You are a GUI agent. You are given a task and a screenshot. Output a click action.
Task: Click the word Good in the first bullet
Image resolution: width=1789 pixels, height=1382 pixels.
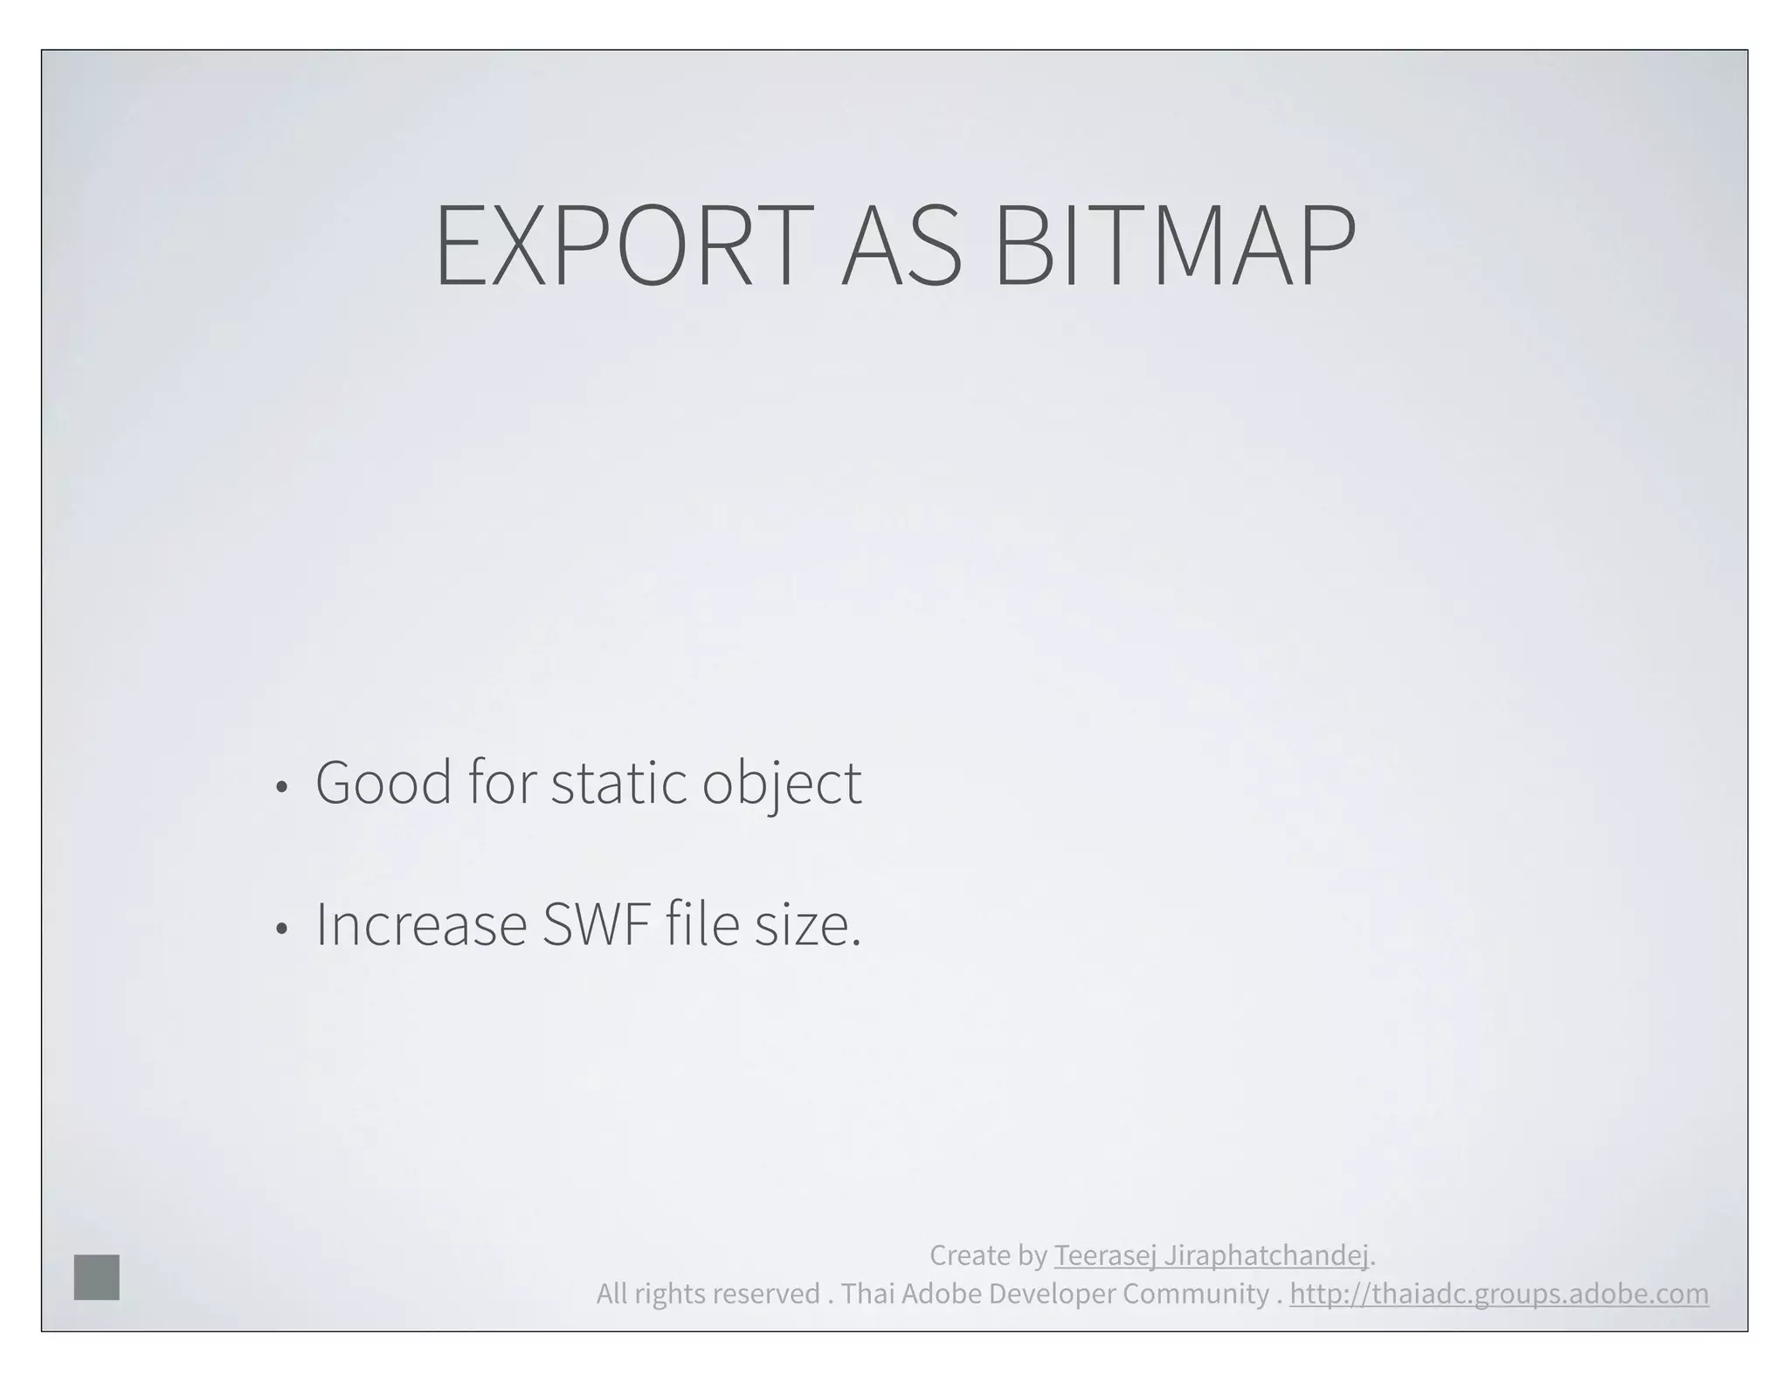click(383, 782)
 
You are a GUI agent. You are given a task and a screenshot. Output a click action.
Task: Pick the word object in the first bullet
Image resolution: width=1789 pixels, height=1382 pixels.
click(782, 784)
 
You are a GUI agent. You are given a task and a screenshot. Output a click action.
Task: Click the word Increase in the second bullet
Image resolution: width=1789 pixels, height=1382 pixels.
click(421, 924)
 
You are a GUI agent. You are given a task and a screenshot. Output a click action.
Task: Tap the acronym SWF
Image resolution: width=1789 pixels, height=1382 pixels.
click(597, 924)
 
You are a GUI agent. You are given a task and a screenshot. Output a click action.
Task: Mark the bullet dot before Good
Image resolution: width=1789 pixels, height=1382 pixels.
click(280, 787)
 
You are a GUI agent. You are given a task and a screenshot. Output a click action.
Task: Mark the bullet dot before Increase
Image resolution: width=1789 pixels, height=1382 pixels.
click(280, 929)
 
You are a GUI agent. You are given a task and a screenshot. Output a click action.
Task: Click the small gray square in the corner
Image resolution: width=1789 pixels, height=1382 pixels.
click(97, 1276)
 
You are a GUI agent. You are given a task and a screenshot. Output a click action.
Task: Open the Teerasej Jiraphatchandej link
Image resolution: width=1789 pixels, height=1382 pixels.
click(1211, 1255)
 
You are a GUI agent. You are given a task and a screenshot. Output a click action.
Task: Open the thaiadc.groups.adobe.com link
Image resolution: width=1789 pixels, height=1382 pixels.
click(1499, 1294)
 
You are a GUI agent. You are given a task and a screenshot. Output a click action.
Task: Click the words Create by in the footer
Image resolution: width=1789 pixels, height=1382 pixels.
click(988, 1255)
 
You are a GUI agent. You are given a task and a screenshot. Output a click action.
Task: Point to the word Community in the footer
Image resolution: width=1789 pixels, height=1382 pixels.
click(1195, 1294)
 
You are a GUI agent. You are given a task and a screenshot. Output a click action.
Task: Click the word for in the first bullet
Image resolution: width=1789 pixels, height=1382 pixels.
click(501, 782)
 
